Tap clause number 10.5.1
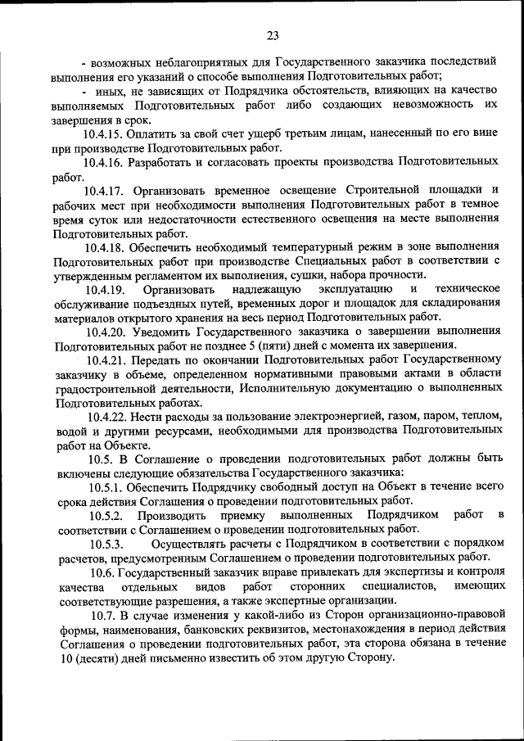[x=107, y=487]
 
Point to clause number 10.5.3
[x=107, y=544]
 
